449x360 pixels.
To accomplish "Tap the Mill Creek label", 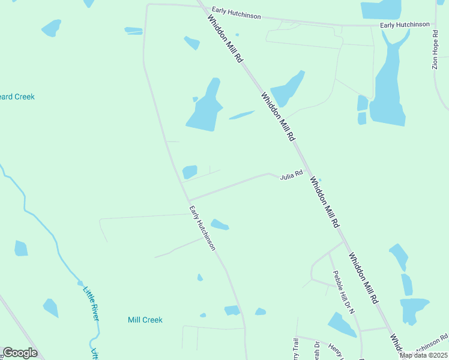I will coord(145,320).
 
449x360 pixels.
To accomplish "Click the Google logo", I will coord(20,353).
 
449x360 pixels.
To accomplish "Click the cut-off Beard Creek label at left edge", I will coord(17,97).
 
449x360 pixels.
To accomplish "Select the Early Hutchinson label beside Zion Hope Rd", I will coord(405,25).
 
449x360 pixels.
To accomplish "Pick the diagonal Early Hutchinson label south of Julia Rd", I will coord(202,228).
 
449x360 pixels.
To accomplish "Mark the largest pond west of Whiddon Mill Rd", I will coord(205,108).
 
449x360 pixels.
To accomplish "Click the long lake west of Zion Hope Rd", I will coord(388,84).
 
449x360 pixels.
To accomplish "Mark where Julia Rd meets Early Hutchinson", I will coord(188,200).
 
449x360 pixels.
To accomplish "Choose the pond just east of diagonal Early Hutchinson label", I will coord(220,225).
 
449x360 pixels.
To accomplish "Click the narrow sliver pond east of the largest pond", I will coord(241,115).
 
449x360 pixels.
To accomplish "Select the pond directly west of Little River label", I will coord(50,308).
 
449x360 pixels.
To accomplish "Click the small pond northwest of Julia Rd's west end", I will coord(190,172).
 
